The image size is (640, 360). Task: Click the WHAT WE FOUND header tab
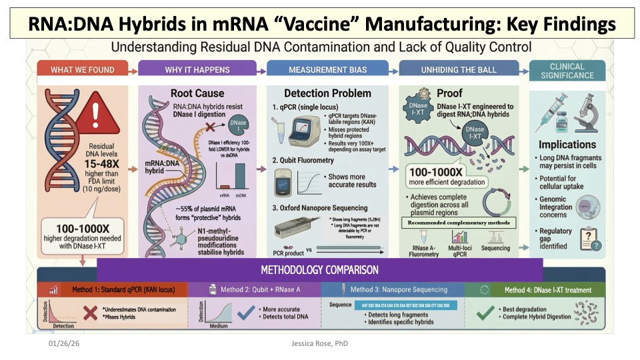point(82,70)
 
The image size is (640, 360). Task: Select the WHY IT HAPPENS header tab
point(197,70)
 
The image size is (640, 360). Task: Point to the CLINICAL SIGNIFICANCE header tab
point(567,71)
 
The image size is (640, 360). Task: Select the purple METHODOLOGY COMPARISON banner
point(320,270)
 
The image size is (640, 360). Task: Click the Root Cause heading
point(197,93)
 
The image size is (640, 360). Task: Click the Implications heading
point(567,144)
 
